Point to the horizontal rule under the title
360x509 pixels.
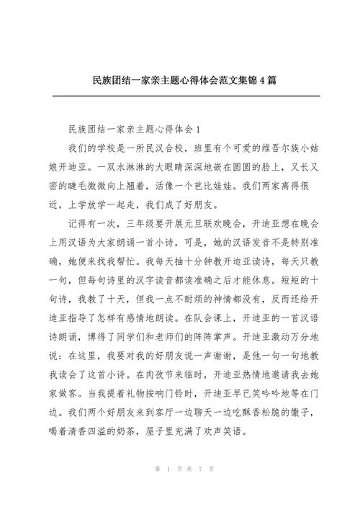coord(180,95)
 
